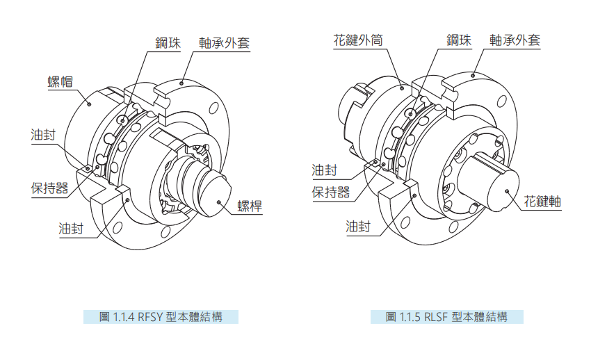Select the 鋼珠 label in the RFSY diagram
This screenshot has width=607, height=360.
pyautogui.click(x=168, y=42)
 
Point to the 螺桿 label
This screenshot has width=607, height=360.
pyautogui.click(x=250, y=205)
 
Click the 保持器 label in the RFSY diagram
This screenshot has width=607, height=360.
pyautogui.click(x=49, y=188)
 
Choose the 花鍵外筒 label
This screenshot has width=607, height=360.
pyautogui.click(x=358, y=40)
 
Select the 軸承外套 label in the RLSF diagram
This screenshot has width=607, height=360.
pyautogui.click(x=515, y=40)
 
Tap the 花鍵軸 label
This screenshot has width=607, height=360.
pyautogui.click(x=542, y=202)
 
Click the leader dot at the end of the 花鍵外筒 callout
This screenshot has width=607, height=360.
pyautogui.click(x=403, y=88)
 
